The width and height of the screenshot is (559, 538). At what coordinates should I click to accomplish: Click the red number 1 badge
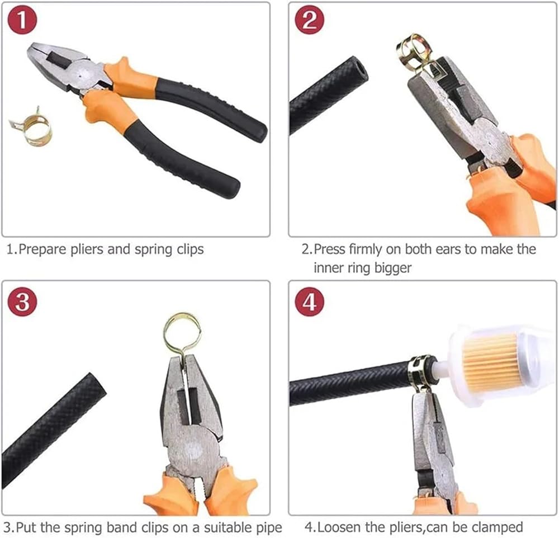(x=22, y=20)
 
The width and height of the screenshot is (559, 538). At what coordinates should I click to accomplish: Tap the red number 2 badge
(x=310, y=20)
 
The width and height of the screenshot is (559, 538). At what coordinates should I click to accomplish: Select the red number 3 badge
(x=22, y=302)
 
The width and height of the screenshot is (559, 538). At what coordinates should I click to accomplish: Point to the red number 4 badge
(x=310, y=302)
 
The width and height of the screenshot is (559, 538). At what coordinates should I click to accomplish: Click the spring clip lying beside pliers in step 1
(x=31, y=127)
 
